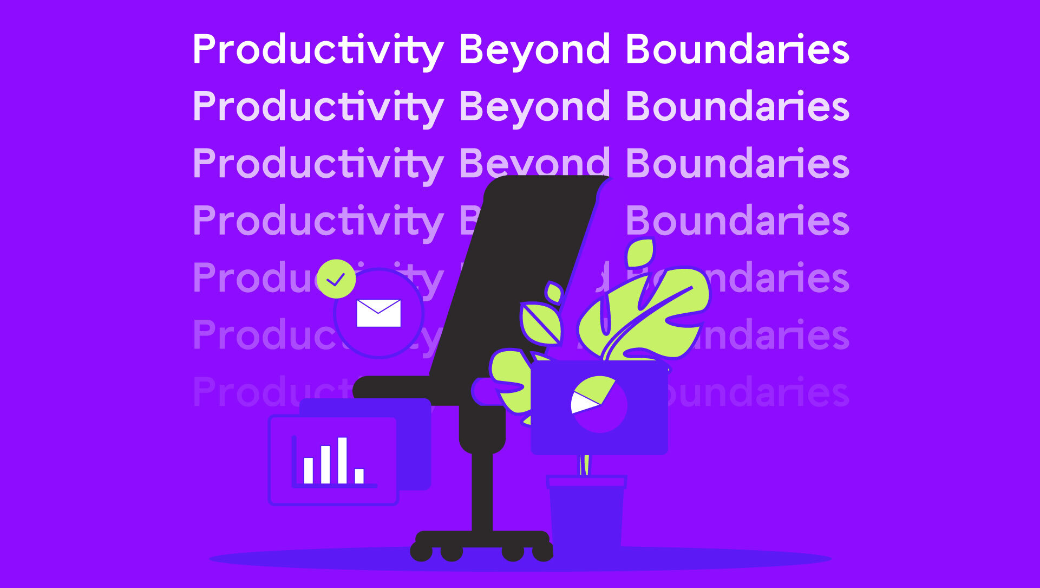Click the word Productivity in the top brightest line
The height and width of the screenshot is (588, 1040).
point(318,50)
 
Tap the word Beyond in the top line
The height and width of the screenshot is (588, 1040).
point(534,50)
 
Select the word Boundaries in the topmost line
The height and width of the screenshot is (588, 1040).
point(737,50)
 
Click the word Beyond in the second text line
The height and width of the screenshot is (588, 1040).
point(534,107)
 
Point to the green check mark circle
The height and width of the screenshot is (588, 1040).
point(336,279)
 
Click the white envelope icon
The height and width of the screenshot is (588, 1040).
point(378,313)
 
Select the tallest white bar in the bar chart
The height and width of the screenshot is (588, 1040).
point(342,460)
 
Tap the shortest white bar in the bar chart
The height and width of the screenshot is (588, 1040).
point(359,476)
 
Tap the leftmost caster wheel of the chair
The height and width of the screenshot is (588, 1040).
point(421,552)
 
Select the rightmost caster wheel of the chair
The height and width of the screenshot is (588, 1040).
point(542,552)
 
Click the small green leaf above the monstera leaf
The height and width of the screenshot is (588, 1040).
point(641,253)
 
